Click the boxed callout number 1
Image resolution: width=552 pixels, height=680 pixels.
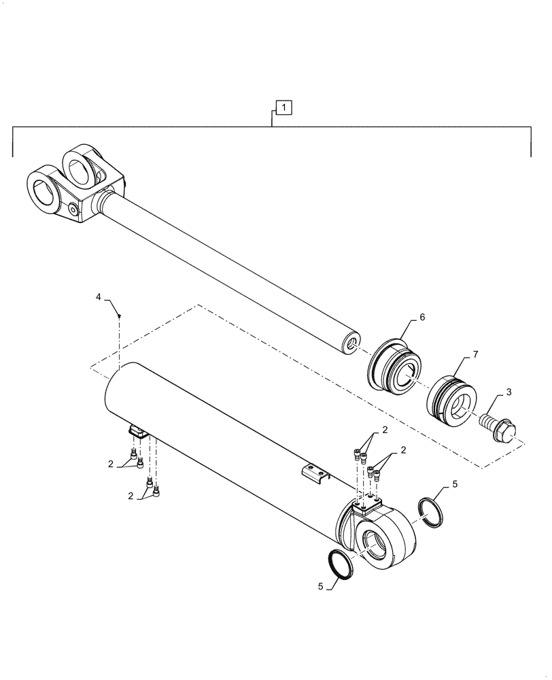pyautogui.click(x=283, y=107)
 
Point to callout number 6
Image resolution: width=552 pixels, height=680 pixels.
pyautogui.click(x=422, y=317)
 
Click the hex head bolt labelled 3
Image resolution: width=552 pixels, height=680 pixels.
pyautogui.click(x=499, y=428)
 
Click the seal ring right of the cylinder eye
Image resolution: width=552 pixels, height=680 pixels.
pyautogui.click(x=430, y=512)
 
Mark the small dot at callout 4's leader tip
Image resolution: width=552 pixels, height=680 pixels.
pyautogui.click(x=120, y=316)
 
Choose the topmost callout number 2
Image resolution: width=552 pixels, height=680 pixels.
pyautogui.click(x=384, y=430)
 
